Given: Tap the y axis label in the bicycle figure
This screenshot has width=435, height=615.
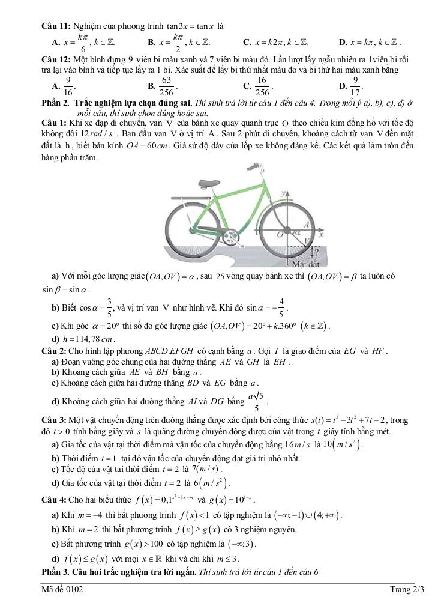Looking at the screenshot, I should [282, 194].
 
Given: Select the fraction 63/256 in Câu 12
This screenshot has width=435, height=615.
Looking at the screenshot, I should [167, 85].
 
